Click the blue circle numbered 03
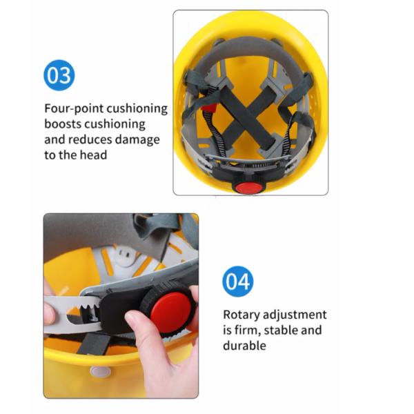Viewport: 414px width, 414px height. (59, 76)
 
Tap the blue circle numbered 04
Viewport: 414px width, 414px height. (237, 282)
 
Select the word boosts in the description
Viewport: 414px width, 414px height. (63, 124)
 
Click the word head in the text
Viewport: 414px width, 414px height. (93, 155)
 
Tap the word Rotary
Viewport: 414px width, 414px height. (241, 315)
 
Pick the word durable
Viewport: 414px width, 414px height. (244, 345)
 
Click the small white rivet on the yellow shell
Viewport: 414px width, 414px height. (101, 372)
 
